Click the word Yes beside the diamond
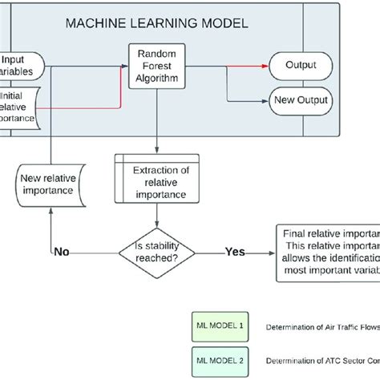pyautogui.click(x=235, y=252)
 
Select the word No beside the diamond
pyautogui.click(x=63, y=252)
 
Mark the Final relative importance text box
pyautogui.click(x=327, y=252)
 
